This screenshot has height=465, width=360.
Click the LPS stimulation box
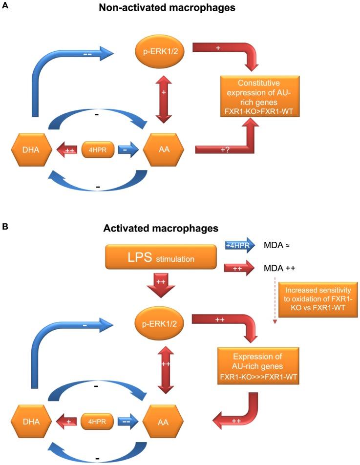(x=161, y=256)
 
